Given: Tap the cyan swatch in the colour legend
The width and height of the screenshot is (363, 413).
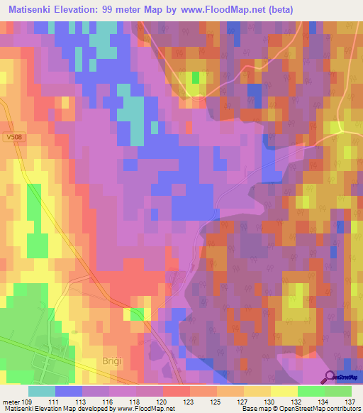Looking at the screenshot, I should (42, 390).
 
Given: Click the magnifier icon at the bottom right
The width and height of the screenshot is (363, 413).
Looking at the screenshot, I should (330, 377).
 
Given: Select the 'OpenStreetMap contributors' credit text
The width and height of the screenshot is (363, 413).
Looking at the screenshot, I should (323, 409).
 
